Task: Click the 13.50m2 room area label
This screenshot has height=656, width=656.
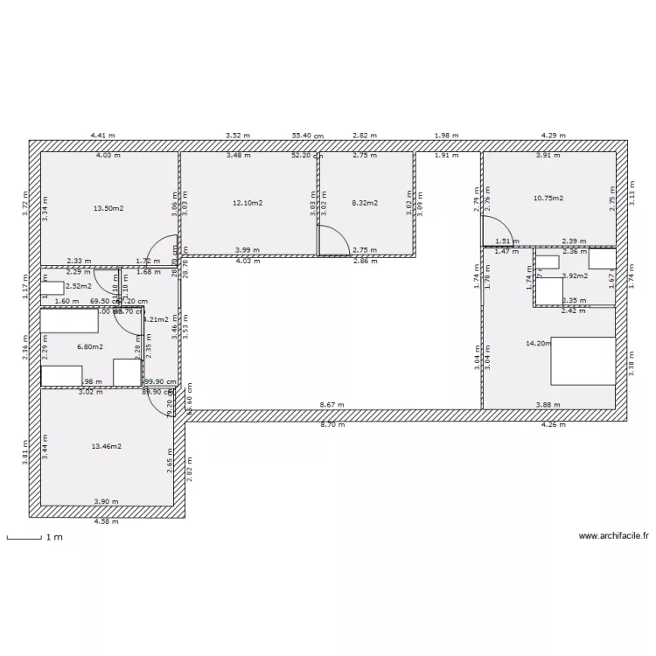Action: tap(108, 208)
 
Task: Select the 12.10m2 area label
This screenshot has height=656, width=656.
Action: tap(248, 203)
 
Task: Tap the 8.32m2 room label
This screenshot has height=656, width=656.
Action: tap(365, 203)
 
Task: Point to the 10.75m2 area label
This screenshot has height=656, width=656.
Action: tap(548, 198)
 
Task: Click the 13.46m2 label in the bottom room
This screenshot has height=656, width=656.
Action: tap(107, 446)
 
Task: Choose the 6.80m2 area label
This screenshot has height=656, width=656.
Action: tap(89, 346)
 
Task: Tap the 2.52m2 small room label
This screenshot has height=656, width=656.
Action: tap(78, 285)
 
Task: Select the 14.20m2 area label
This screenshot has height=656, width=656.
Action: tap(537, 344)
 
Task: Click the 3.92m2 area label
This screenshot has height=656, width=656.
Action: tap(575, 276)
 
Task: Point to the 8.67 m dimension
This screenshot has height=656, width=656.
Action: tap(331, 406)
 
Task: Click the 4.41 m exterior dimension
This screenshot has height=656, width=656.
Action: tap(103, 136)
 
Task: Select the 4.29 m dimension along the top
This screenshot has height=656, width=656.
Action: tap(553, 136)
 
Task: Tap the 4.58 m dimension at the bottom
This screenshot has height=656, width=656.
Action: tap(107, 521)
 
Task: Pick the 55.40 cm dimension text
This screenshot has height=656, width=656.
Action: tap(308, 136)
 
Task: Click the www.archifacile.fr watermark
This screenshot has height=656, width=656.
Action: tap(615, 537)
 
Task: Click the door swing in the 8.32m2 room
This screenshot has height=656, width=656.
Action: tap(332, 241)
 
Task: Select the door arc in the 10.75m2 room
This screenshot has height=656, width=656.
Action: tap(499, 231)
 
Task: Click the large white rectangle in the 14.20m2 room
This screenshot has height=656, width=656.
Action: tap(583, 361)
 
